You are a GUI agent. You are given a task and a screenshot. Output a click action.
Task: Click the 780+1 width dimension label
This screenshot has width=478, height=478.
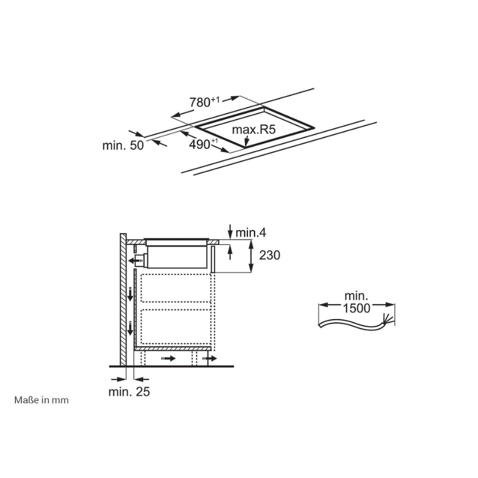tap(204, 102)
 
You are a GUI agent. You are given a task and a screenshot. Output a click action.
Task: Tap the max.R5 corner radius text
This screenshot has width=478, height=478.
tap(253, 130)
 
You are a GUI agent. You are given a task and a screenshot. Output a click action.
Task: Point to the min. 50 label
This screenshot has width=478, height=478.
tap(123, 145)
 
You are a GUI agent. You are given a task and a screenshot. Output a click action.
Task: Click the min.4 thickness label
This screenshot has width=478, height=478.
tap(251, 233)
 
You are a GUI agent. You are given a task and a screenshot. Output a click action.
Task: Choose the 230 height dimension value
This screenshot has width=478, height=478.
tap(269, 255)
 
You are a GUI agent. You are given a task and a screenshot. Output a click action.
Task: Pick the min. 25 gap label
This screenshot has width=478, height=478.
tap(129, 392)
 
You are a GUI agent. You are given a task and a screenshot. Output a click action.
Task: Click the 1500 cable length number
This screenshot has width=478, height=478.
tap(356, 308)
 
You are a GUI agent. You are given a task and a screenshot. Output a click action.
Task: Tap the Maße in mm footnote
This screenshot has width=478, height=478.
tap(41, 400)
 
